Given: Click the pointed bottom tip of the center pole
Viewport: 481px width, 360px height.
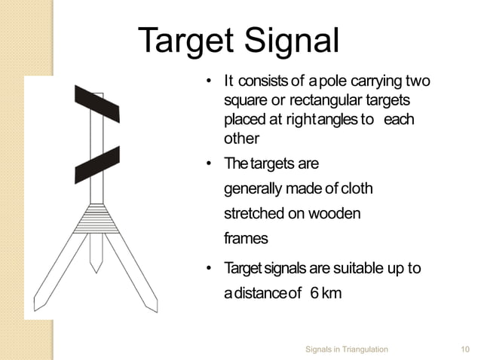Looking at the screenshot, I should click(96, 268).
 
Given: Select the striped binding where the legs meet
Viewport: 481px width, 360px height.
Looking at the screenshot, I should click(96, 218).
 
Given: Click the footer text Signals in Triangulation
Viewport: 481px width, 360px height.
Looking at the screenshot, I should click(347, 349).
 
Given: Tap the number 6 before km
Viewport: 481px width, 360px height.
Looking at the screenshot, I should click(313, 292).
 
